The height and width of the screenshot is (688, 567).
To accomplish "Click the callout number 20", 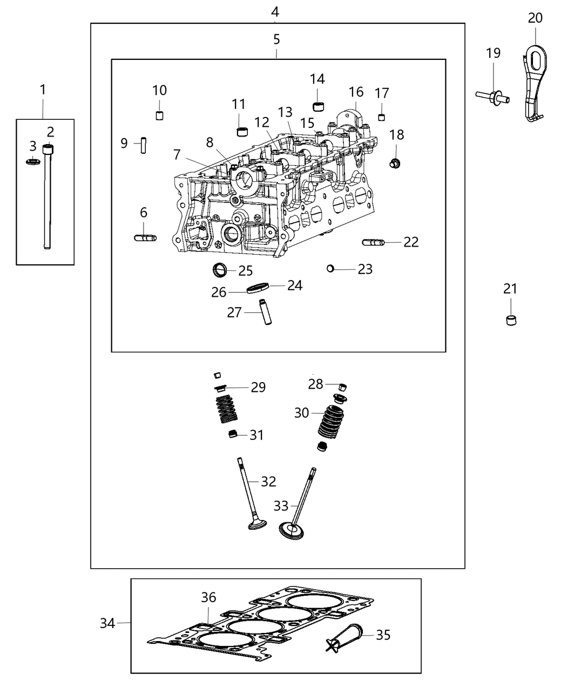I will [x=535, y=18].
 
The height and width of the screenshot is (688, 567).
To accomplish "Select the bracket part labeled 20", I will [x=534, y=81].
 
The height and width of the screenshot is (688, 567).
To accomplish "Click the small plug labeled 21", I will [x=510, y=319].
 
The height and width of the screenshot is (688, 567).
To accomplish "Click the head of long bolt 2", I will [x=49, y=149].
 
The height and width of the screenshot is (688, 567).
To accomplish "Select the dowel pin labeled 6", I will [x=145, y=237].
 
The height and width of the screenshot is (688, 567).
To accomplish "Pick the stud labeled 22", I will [x=373, y=243].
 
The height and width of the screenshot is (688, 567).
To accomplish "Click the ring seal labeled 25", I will [x=220, y=269].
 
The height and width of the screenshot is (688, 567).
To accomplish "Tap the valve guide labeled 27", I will [x=265, y=312].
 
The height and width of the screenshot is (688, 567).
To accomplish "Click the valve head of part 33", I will [x=292, y=530].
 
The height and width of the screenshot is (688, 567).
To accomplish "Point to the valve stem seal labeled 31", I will [x=233, y=434].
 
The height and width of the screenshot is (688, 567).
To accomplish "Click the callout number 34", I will [x=107, y=623].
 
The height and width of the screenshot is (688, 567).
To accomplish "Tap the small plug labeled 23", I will [x=331, y=268].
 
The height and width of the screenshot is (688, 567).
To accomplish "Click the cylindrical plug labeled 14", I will [x=318, y=105].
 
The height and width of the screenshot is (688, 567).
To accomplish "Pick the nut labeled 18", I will [x=395, y=162].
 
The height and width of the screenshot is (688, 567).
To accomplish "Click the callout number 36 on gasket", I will [x=208, y=597].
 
